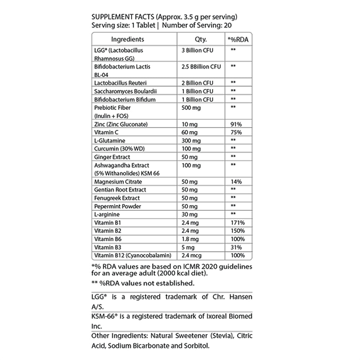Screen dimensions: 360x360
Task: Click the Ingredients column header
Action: (x=127, y=39)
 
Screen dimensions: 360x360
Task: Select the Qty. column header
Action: (x=200, y=39)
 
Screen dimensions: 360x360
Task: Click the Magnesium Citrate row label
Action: (x=117, y=182)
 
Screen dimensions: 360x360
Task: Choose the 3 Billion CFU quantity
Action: (x=198, y=50)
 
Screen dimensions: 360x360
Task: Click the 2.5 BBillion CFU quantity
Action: (x=200, y=67)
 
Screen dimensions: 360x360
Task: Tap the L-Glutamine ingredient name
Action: (x=109, y=141)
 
